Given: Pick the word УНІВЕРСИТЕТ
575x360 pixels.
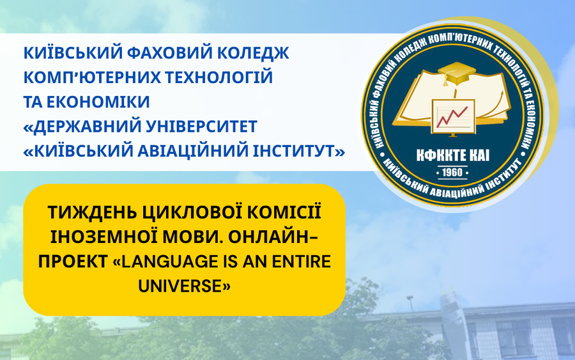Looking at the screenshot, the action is point(202,126).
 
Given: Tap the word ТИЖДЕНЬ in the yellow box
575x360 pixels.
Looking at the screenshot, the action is point(91,212).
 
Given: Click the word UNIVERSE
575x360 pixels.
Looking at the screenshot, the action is point(180,286).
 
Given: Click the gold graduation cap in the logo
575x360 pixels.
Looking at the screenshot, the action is point(455,72).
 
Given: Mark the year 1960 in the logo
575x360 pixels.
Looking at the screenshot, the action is point(452,173).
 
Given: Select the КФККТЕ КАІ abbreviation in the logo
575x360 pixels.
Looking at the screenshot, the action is point(452,156).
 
